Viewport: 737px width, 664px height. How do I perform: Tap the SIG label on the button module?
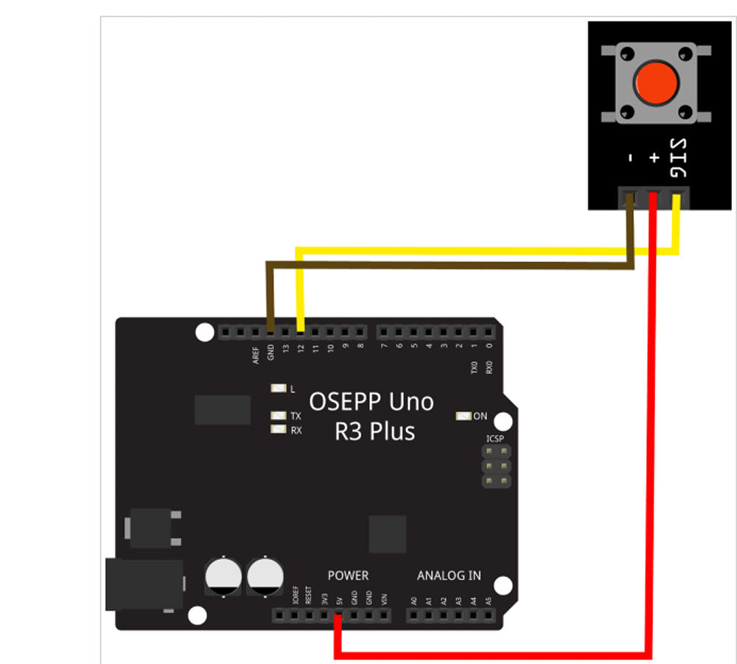point(678,158)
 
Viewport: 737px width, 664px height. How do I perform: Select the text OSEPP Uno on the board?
point(371,402)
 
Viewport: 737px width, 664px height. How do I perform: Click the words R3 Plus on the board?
point(374,431)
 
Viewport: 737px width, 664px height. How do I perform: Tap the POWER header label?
point(348,575)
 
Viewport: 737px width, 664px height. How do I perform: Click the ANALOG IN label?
point(449,575)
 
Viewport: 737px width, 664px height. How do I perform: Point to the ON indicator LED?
point(464,416)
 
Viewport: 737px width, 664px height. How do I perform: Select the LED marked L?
point(279,389)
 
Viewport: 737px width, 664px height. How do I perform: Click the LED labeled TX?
point(279,416)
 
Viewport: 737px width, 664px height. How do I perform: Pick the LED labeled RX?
point(279,430)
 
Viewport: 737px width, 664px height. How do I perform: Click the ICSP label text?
point(495,439)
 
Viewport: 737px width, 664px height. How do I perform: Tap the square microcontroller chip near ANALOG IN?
point(388,534)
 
